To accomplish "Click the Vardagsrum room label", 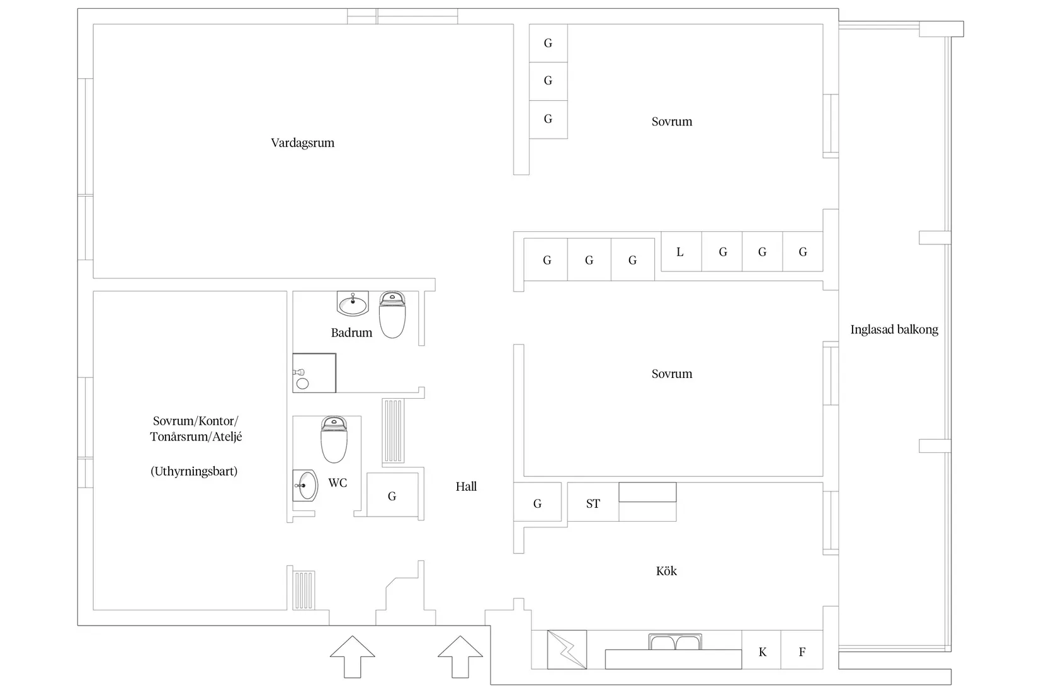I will (302, 143).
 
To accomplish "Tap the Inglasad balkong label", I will (894, 329).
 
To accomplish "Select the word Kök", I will (666, 571).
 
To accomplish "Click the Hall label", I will (466, 486).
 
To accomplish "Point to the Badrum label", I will (351, 333).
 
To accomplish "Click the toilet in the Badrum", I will (392, 315).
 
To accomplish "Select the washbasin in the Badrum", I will (353, 304).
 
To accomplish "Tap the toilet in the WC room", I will (334, 439).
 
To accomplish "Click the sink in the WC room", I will (306, 486).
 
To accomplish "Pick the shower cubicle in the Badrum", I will (314, 373).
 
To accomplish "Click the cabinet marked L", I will (680, 252).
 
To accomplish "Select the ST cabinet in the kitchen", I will (593, 503).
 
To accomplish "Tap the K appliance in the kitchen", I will (762, 652).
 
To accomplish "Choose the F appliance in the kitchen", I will (802, 652).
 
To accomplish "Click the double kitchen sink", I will (674, 643).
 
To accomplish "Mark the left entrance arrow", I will (352, 656).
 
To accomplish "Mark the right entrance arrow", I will (460, 656).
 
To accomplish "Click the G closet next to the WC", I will (392, 496).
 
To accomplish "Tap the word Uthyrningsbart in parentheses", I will (194, 471).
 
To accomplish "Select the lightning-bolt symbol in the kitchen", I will (567, 650).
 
